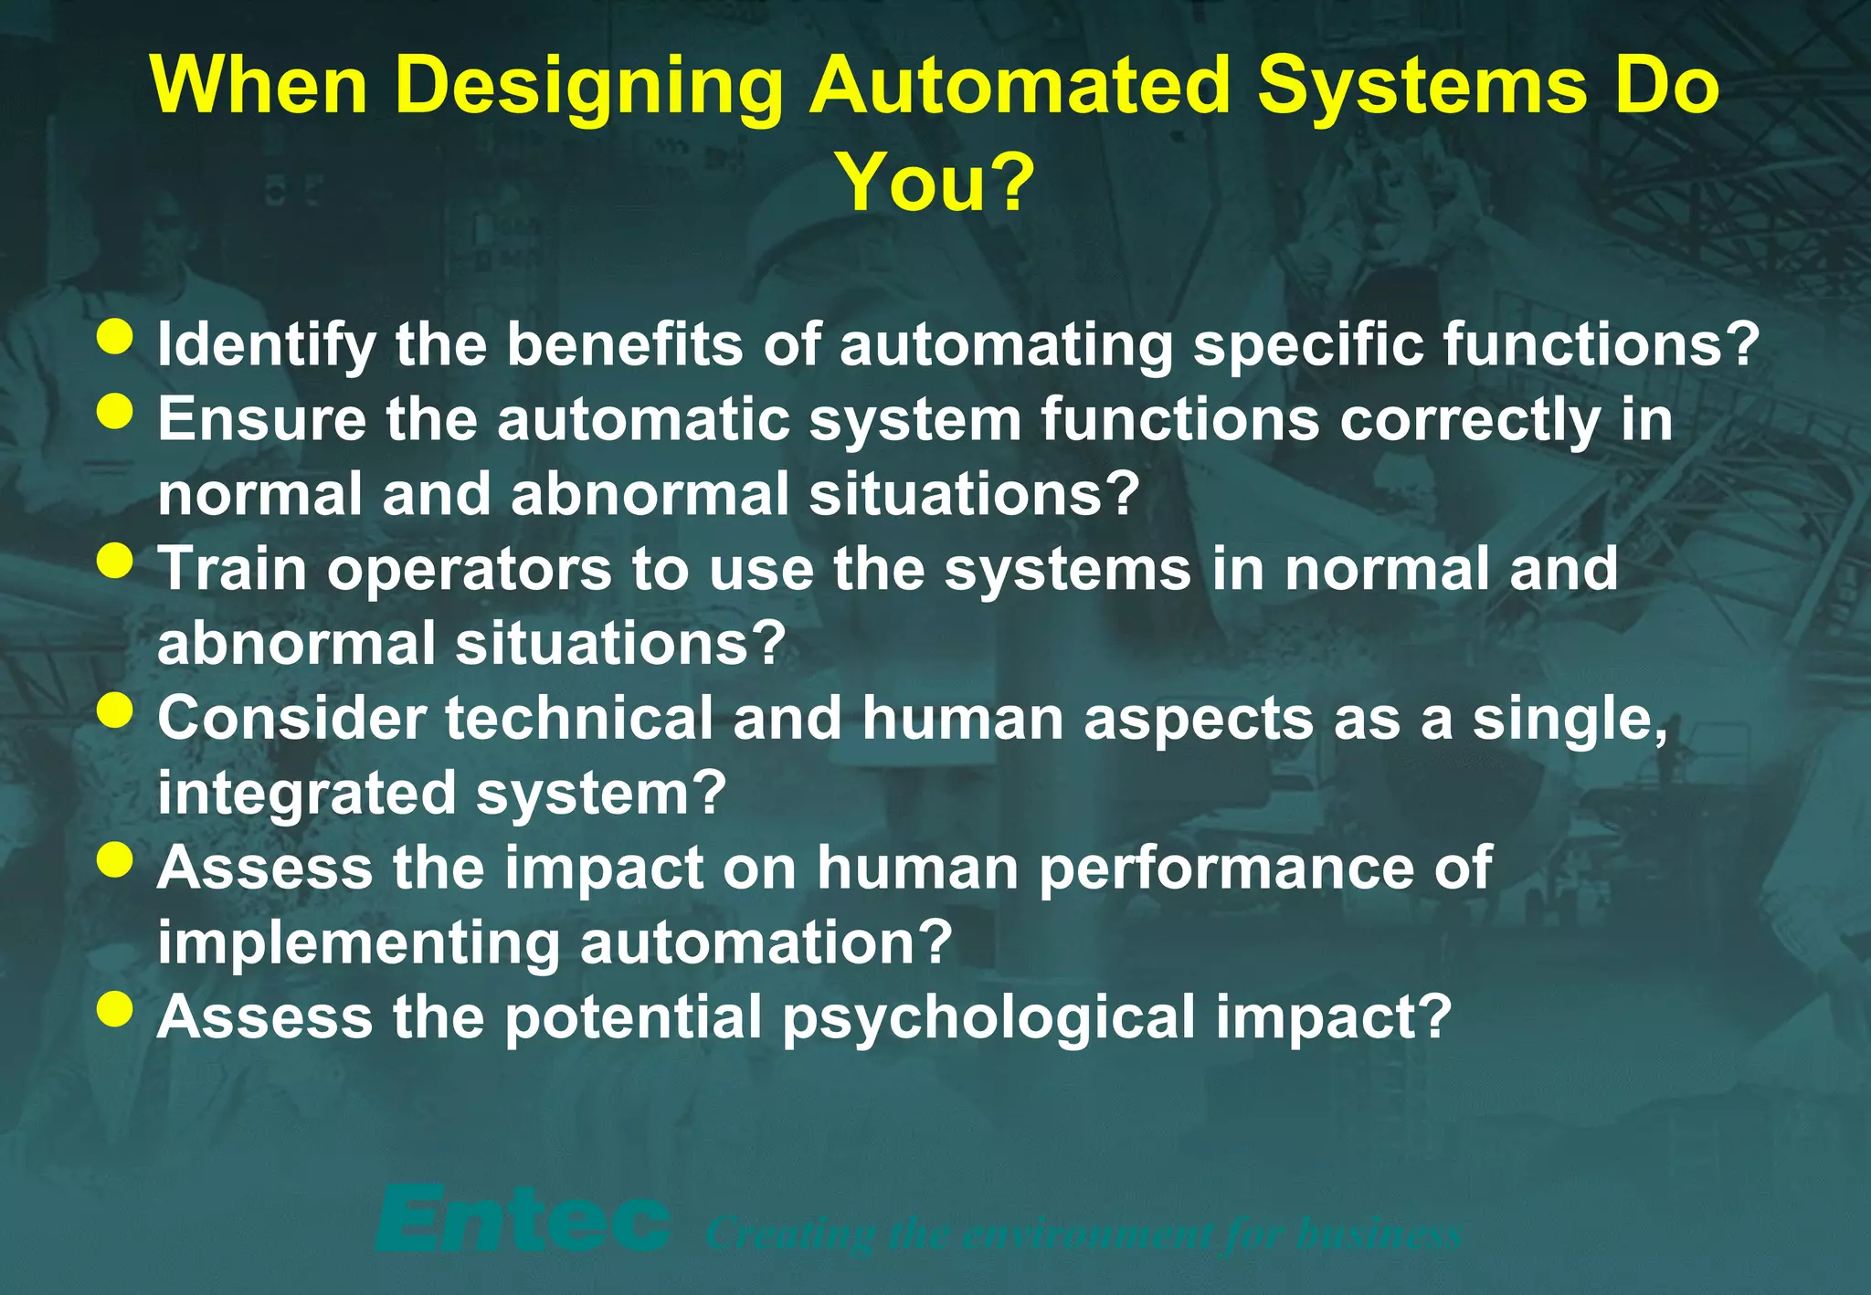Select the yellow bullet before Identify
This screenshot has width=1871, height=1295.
(x=115, y=336)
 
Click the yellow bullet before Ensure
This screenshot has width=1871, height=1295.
(x=115, y=411)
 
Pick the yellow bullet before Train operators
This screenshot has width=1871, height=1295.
(x=115, y=561)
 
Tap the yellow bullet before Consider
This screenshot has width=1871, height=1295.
(x=115, y=711)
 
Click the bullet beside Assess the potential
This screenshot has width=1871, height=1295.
(x=115, y=1010)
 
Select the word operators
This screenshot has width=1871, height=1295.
(x=469, y=570)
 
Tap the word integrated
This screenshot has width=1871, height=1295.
(x=306, y=795)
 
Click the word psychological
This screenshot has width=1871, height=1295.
(x=987, y=1019)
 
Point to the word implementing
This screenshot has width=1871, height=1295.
(x=358, y=944)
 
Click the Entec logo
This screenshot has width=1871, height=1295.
(x=522, y=1220)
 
